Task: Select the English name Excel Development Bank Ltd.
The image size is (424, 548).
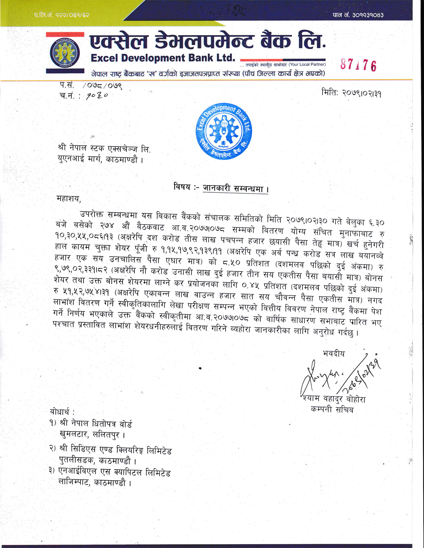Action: (x=163, y=58)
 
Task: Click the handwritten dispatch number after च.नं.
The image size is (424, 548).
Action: (x=97, y=96)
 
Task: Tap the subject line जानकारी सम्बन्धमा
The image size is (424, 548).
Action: (x=235, y=188)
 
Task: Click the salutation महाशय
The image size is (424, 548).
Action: (x=68, y=198)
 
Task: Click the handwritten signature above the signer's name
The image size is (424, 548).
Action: (x=335, y=375)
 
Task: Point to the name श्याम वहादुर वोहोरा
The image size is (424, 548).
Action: (x=334, y=399)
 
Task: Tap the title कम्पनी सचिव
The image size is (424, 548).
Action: (x=332, y=410)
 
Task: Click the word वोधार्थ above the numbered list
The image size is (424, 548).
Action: (x=62, y=412)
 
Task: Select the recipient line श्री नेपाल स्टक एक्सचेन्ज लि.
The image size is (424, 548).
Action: (x=104, y=149)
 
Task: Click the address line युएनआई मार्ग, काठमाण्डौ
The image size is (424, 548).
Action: (x=100, y=160)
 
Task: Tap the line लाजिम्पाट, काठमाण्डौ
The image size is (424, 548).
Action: (x=95, y=482)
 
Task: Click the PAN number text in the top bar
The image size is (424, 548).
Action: (x=358, y=15)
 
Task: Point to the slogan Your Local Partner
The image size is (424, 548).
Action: (x=307, y=64)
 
